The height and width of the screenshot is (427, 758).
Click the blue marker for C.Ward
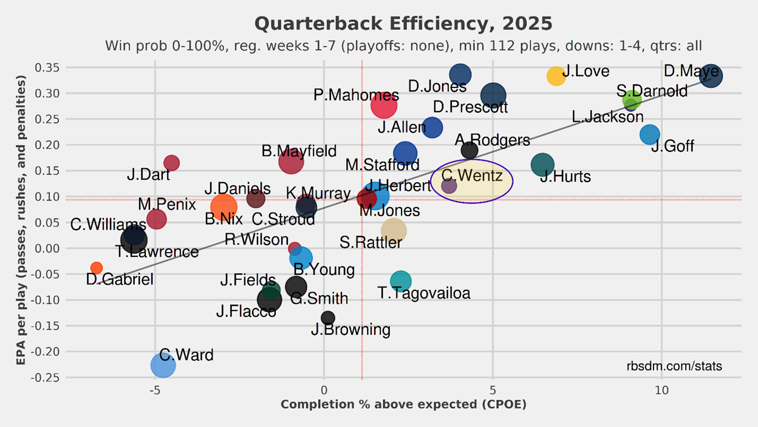tap(163, 365)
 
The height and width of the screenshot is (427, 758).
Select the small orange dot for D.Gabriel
tap(97, 268)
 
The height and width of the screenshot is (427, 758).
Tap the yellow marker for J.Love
tap(556, 76)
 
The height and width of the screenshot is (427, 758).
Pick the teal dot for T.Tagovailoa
tap(400, 281)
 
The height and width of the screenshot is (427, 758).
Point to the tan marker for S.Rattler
tap(394, 230)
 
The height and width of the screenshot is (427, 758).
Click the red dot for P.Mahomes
tap(384, 105)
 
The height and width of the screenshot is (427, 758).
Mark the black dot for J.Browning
tap(328, 318)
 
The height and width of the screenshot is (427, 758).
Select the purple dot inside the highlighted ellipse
tap(449, 186)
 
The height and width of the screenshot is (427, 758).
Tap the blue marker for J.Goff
tap(649, 134)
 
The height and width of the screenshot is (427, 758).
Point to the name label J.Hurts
tap(565, 177)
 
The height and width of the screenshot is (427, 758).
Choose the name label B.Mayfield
tap(299, 151)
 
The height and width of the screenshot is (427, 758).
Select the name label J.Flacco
tap(246, 312)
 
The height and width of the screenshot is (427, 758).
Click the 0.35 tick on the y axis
tap(47, 67)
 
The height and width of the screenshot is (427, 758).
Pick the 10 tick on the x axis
tap(661, 389)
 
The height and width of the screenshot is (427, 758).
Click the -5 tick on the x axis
tap(155, 389)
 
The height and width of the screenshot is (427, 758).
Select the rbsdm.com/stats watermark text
tap(674, 366)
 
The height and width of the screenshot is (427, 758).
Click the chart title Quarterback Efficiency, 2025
tap(403, 24)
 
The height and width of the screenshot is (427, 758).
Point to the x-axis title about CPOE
tap(403, 405)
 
